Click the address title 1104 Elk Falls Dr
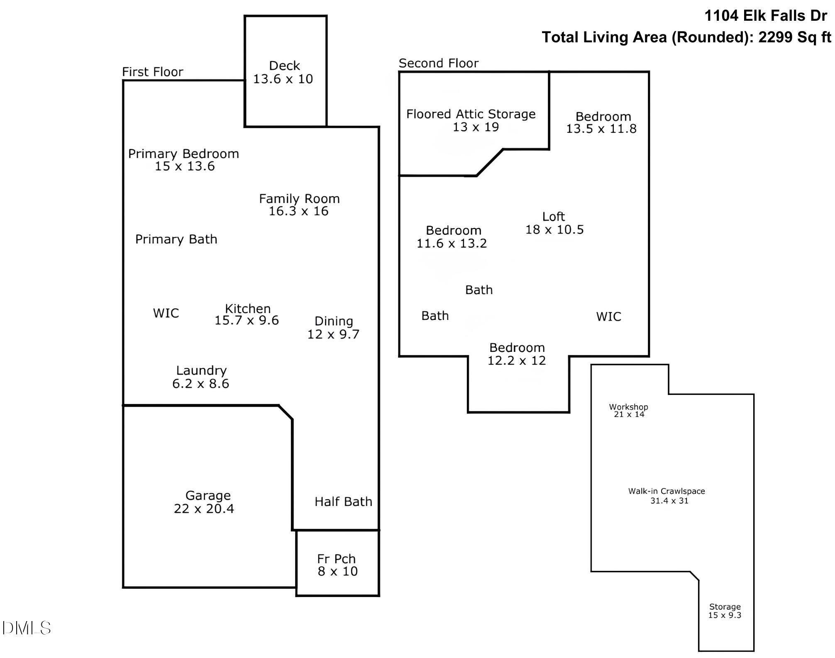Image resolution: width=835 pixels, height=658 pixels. point(766,16)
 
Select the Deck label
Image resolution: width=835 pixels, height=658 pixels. point(284,66)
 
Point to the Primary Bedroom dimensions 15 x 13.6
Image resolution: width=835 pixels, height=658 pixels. point(185,166)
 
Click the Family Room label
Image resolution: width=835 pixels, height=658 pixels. point(299,199)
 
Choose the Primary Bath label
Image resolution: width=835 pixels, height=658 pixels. point(176,239)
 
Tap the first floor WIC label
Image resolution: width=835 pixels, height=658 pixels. point(166,313)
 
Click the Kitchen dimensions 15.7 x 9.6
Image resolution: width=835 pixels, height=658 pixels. point(247,320)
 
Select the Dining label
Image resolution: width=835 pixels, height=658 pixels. point(334,321)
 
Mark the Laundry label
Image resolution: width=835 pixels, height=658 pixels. point(201,370)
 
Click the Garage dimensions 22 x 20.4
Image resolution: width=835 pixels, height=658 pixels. point(204,509)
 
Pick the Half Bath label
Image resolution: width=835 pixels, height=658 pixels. point(343,502)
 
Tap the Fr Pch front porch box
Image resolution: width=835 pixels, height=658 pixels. point(337,563)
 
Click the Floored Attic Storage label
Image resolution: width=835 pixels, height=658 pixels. point(471,114)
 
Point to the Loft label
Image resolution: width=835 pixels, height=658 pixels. point(554,217)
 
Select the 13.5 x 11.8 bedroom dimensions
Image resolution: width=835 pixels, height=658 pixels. point(601,129)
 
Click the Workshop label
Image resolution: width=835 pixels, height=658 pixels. point(628,407)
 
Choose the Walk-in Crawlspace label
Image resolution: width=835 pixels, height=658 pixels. point(667,491)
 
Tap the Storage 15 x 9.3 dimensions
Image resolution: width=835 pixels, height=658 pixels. point(725,615)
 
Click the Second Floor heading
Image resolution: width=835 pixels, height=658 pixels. point(439,63)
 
